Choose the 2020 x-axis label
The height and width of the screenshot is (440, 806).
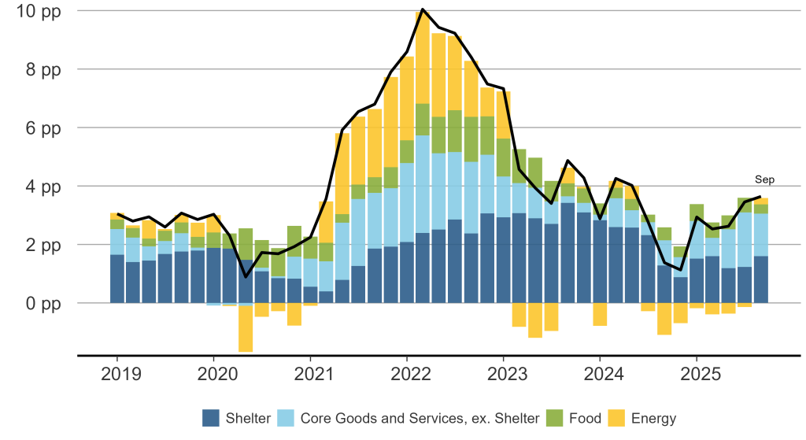click(214, 372)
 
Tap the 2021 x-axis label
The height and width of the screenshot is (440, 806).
click(311, 372)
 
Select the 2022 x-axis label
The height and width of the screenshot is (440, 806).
click(408, 372)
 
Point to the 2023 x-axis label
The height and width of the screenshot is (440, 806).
click(504, 372)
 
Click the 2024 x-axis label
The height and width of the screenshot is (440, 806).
click(601, 372)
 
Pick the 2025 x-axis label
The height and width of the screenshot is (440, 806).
click(697, 372)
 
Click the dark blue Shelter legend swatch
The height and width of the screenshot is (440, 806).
click(212, 418)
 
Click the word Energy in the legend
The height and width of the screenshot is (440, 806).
click(653, 418)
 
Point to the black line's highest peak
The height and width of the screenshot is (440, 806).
click(423, 9)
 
